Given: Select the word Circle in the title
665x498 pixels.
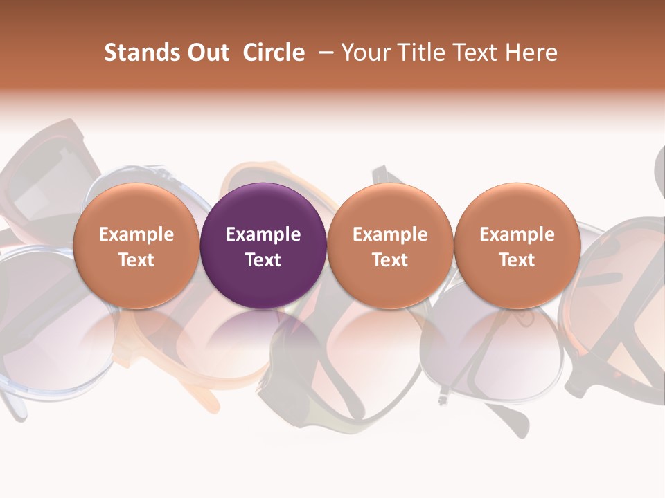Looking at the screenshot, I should [x=274, y=53].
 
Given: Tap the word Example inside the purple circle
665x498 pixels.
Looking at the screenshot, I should [x=263, y=234].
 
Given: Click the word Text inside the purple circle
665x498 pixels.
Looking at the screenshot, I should [x=263, y=260].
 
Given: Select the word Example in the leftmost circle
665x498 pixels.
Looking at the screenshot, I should [x=136, y=234].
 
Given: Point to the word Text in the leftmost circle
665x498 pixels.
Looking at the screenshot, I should [x=136, y=260].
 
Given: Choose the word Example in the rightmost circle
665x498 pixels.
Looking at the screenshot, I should [x=517, y=234].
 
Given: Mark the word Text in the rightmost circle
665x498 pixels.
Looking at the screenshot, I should [x=517, y=260].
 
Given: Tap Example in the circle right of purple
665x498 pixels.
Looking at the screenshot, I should [x=390, y=234].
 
